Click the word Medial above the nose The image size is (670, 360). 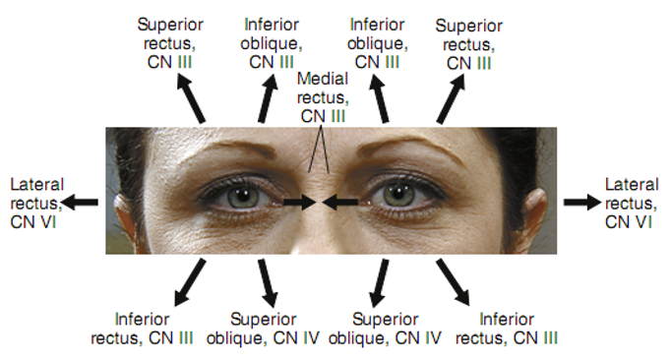(x=323, y=79)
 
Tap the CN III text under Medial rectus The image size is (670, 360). (x=323, y=116)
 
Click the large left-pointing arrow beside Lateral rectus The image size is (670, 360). (x=80, y=202)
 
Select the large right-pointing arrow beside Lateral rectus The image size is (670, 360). (x=582, y=202)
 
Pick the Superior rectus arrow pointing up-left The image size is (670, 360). (x=191, y=98)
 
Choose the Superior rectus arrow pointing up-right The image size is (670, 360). (x=451, y=99)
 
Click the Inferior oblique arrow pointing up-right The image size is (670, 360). (x=267, y=98)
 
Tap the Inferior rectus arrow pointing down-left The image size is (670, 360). (x=190, y=282)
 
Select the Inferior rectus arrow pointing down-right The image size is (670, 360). (x=453, y=282)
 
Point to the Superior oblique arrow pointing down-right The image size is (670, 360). (x=268, y=282)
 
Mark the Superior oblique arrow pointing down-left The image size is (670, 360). (x=379, y=282)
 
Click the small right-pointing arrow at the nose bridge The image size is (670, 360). (x=299, y=202)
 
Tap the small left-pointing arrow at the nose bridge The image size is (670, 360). (x=340, y=202)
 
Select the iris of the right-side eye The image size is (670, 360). (x=399, y=195)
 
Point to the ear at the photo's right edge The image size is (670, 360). (x=535, y=213)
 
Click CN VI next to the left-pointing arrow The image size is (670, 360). (x=32, y=222)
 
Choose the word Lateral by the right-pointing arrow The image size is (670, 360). (x=632, y=185)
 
